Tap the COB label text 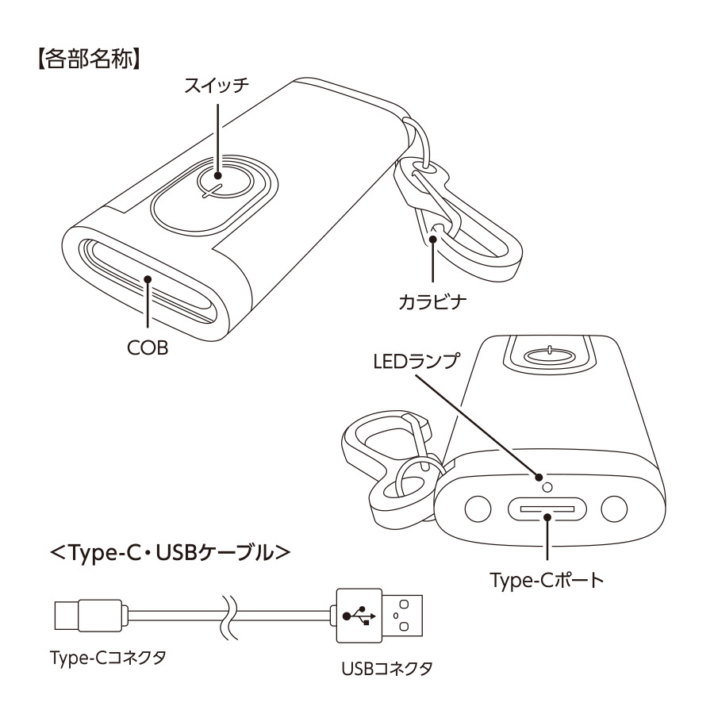click(x=147, y=348)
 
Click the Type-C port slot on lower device click(x=547, y=509)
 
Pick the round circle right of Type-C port click(x=613, y=508)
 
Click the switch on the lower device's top click(x=550, y=352)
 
